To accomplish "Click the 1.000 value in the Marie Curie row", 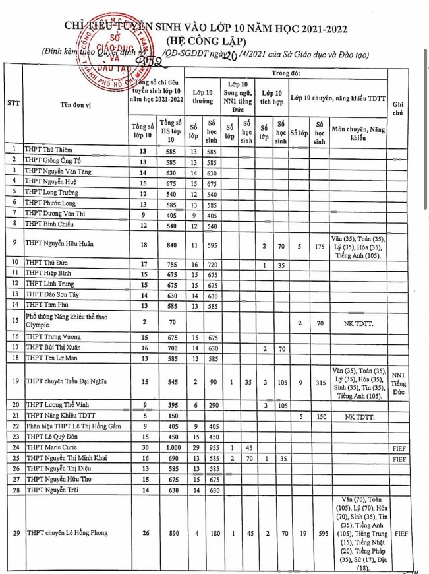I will coord(171,447).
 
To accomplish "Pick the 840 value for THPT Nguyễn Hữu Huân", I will coord(171,243).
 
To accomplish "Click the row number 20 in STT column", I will coord(13,404).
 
